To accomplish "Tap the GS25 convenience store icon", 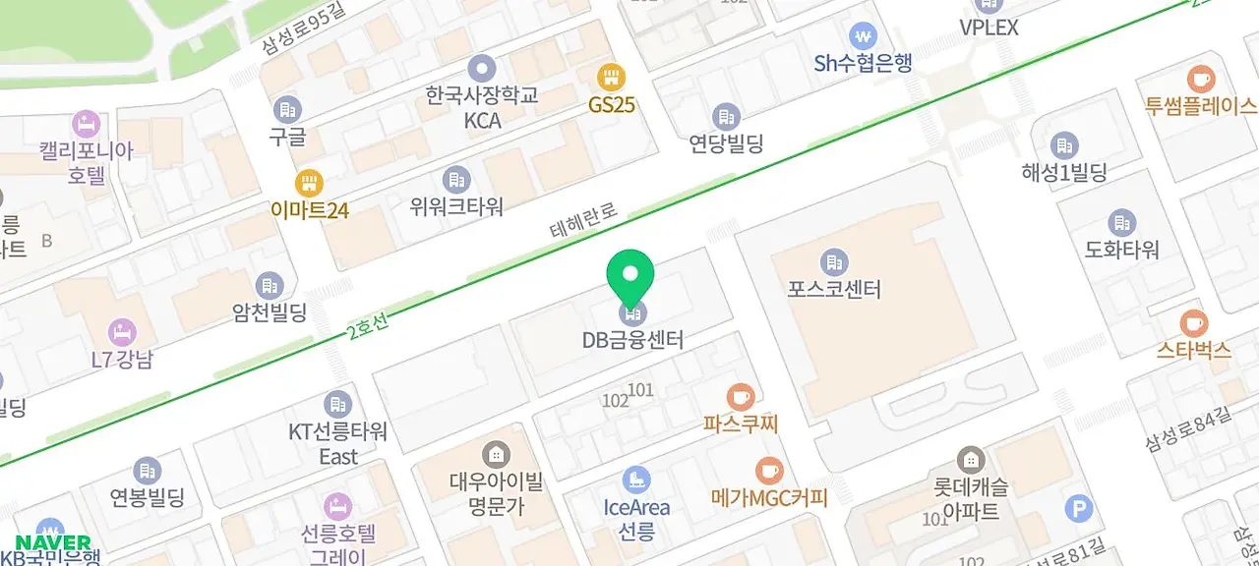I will pos(612,76).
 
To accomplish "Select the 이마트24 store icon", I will pos(309,182).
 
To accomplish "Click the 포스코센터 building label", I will pos(834,289).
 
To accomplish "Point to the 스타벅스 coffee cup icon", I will pos(1193,322).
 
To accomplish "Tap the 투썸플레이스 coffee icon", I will pos(1200,79).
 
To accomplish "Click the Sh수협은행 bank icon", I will pos(864,36).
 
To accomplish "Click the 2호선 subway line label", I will pos(368,329).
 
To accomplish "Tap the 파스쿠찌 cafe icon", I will pos(741,397).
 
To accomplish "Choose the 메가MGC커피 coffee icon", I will pos(769,471).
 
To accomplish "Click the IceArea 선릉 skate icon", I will pos(636,480).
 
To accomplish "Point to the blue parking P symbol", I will pos(1079,508).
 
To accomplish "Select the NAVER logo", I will pos(53,542).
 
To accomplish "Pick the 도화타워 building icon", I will pos(1122,223).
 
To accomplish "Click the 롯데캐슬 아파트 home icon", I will pos(970,459).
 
